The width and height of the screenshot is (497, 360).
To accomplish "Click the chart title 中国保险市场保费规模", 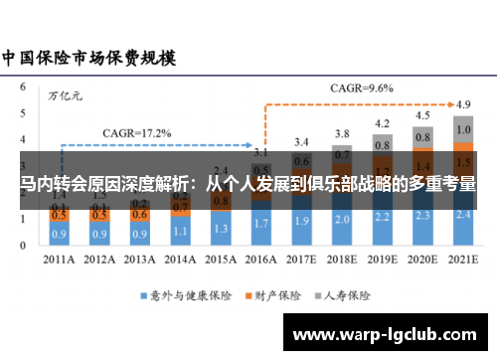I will pyautogui.click(x=88, y=57).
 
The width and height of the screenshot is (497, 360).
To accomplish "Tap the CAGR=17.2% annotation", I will pyautogui.click(x=137, y=132).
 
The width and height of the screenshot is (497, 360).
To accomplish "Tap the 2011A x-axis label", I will pyautogui.click(x=60, y=260).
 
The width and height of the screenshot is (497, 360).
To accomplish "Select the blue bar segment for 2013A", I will pyautogui.click(x=140, y=235).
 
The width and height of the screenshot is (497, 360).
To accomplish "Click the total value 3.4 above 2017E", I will pyautogui.click(x=302, y=141).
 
